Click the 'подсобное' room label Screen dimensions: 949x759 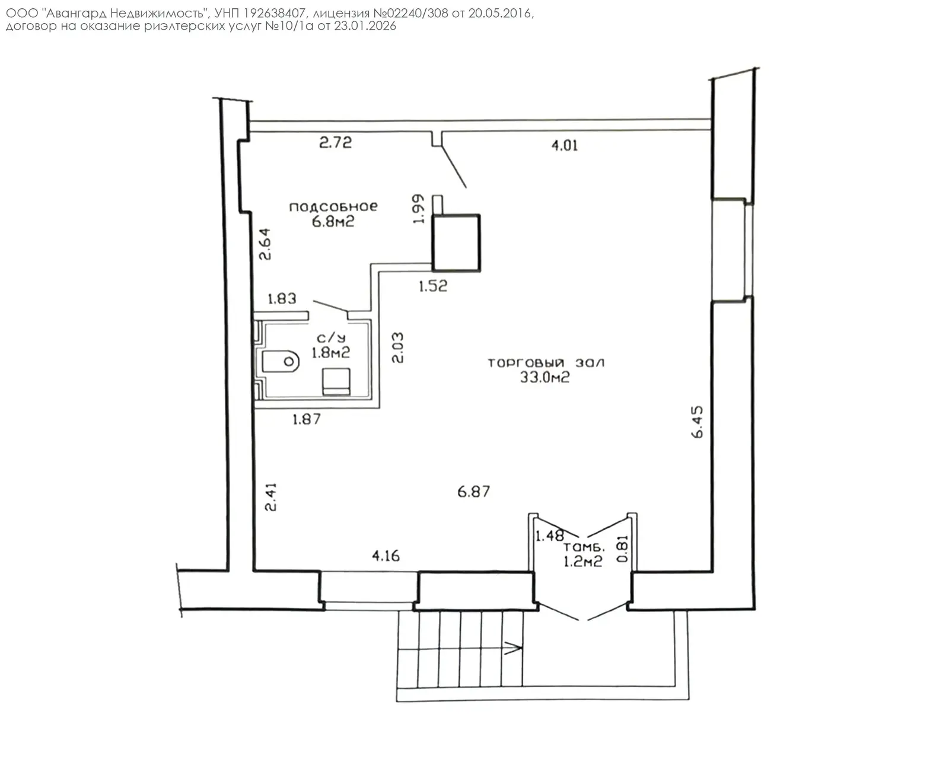(x=333, y=206)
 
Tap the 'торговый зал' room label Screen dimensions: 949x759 (x=546, y=362)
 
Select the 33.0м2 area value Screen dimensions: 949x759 (x=545, y=378)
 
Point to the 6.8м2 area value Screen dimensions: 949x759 (x=333, y=221)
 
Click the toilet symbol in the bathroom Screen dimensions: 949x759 (x=281, y=362)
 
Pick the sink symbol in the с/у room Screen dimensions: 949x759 (x=336, y=381)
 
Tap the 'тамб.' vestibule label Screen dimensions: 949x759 (x=584, y=547)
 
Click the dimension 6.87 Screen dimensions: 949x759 (x=474, y=492)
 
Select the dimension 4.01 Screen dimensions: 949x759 (x=565, y=145)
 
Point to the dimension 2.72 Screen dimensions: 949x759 (x=335, y=142)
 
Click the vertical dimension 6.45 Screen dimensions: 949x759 (x=698, y=422)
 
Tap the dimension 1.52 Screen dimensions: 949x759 (x=433, y=286)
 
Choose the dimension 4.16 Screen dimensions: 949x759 (x=386, y=556)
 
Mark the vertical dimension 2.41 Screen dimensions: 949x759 (x=271, y=497)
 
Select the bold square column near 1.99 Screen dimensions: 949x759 (x=456, y=243)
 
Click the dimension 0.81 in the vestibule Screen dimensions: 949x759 (x=622, y=548)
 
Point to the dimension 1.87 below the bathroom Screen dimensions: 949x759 (x=307, y=419)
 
